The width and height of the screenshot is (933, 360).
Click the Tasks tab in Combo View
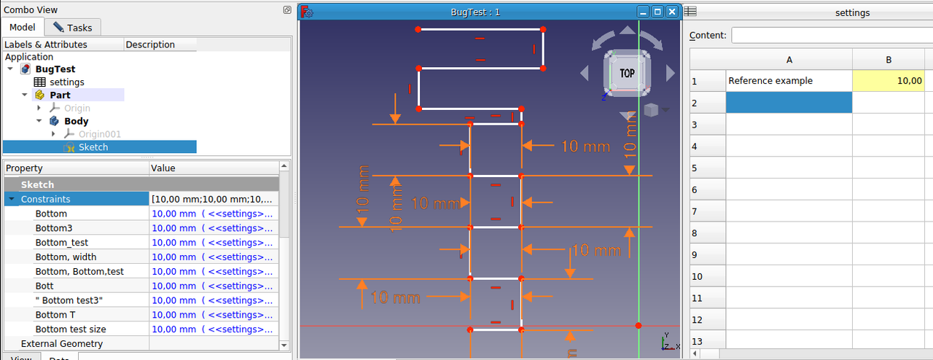click(x=73, y=28)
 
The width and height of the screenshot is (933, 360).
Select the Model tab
click(x=23, y=27)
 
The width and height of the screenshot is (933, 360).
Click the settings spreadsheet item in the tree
click(x=66, y=82)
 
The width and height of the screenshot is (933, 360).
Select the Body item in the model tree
click(x=76, y=121)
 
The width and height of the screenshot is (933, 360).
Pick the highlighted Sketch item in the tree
click(x=93, y=147)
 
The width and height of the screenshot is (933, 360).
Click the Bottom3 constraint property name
click(x=54, y=228)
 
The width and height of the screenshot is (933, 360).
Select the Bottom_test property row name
click(x=62, y=243)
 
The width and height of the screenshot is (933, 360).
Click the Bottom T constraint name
click(x=55, y=315)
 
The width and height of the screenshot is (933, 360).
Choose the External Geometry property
click(x=62, y=344)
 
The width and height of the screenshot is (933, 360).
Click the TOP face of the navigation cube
click(x=627, y=73)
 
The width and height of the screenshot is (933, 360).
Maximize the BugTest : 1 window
click(x=657, y=12)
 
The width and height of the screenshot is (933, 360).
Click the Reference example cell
click(x=770, y=81)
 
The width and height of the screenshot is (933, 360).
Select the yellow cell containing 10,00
click(x=888, y=81)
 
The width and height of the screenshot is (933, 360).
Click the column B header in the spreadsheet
click(x=888, y=60)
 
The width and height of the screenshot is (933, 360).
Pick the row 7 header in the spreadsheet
click(x=696, y=211)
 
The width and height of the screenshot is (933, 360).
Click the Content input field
click(x=831, y=35)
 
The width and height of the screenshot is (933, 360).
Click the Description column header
click(x=150, y=44)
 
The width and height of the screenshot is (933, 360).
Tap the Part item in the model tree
click(x=60, y=95)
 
